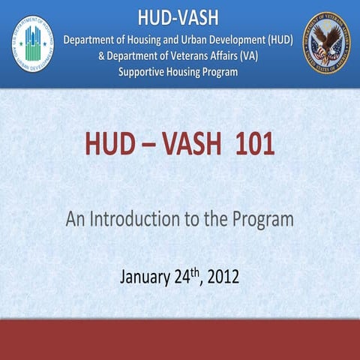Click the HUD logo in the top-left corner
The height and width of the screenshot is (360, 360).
32,43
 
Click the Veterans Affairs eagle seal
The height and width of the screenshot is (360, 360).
325,42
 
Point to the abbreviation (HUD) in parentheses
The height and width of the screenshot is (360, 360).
279,40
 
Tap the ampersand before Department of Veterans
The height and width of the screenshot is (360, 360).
102,56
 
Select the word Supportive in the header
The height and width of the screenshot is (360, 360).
148,72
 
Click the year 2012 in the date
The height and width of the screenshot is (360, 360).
223,276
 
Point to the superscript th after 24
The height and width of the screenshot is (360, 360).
196,271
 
